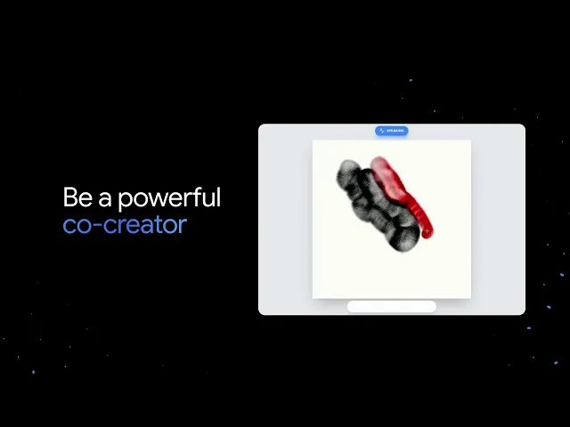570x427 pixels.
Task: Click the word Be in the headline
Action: click(77, 197)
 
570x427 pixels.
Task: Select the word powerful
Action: click(169, 198)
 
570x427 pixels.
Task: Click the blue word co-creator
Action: click(124, 224)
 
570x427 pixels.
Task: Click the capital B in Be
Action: click(70, 197)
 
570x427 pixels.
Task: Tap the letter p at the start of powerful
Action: click(125, 200)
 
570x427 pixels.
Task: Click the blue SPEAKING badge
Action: click(392, 131)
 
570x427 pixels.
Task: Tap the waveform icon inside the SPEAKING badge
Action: click(381, 131)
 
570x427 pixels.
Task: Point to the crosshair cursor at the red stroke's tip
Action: click(426, 231)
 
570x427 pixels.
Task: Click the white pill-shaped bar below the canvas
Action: click(392, 307)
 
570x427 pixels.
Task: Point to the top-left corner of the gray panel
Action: click(260, 126)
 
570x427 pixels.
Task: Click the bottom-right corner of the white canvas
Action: click(469, 298)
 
